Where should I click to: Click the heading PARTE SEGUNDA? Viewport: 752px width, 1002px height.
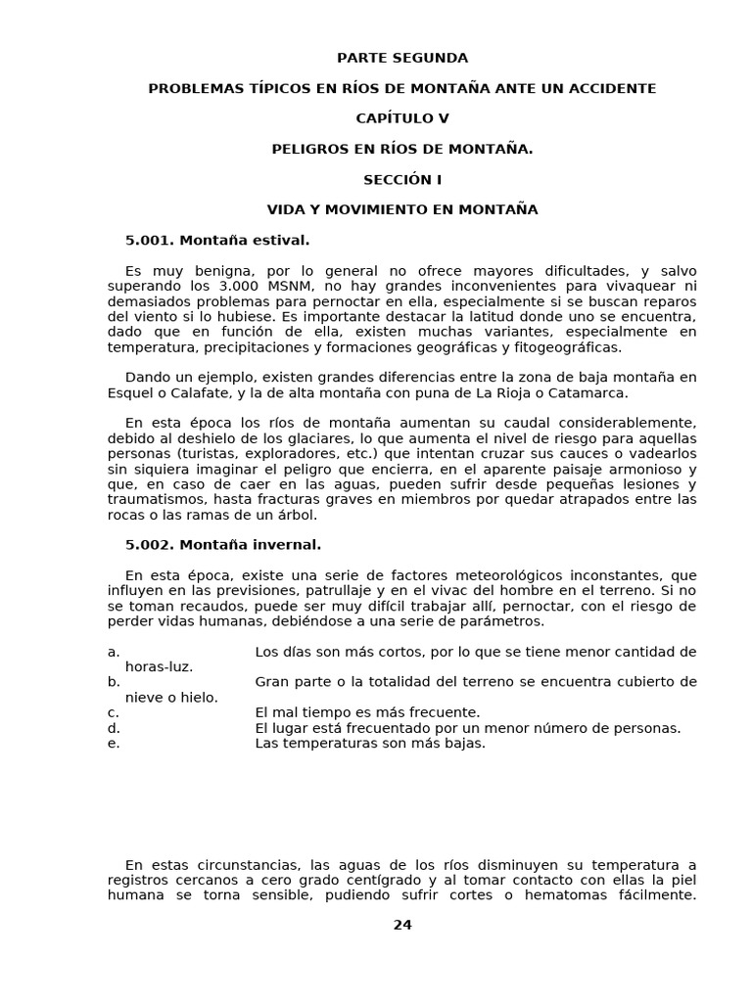(x=402, y=58)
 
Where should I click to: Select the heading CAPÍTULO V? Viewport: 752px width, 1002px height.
(x=402, y=118)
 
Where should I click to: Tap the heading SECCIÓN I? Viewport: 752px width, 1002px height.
(x=402, y=179)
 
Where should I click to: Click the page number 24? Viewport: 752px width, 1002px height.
(x=402, y=925)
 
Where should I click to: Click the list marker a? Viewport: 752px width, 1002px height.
(x=114, y=652)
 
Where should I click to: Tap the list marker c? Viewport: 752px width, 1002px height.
(x=114, y=712)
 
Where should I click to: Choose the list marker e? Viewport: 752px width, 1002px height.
(x=114, y=743)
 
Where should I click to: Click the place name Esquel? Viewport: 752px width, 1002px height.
(x=130, y=392)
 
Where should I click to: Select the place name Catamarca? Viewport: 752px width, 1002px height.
(x=587, y=392)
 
